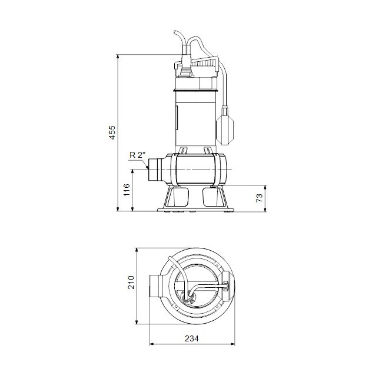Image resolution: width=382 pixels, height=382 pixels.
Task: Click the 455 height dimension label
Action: (x=112, y=134)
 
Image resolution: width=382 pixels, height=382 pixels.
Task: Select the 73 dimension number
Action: (x=260, y=198)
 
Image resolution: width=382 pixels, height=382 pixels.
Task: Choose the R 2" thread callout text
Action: (x=136, y=155)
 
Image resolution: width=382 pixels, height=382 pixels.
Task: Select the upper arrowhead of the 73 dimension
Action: (x=267, y=187)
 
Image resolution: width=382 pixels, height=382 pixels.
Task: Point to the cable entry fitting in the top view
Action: (x=188, y=298)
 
